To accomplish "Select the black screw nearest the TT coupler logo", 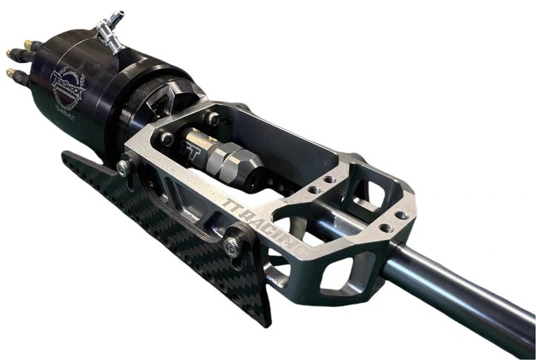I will point(166,139).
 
